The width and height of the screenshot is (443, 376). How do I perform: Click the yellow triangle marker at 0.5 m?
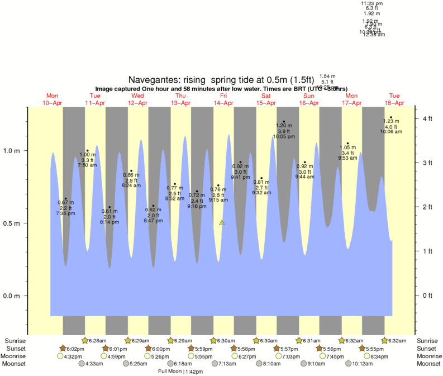(x=222, y=223)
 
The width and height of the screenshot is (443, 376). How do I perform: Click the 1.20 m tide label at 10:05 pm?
(x=284, y=131)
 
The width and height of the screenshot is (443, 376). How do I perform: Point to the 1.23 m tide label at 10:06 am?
(x=391, y=126)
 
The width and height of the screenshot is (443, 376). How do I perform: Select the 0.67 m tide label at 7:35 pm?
(x=65, y=208)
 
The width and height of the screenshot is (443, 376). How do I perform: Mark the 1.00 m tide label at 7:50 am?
(x=87, y=160)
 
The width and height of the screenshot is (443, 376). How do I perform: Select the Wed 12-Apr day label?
(x=137, y=99)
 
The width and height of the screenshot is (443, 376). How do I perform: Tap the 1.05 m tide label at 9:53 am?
(x=347, y=153)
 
